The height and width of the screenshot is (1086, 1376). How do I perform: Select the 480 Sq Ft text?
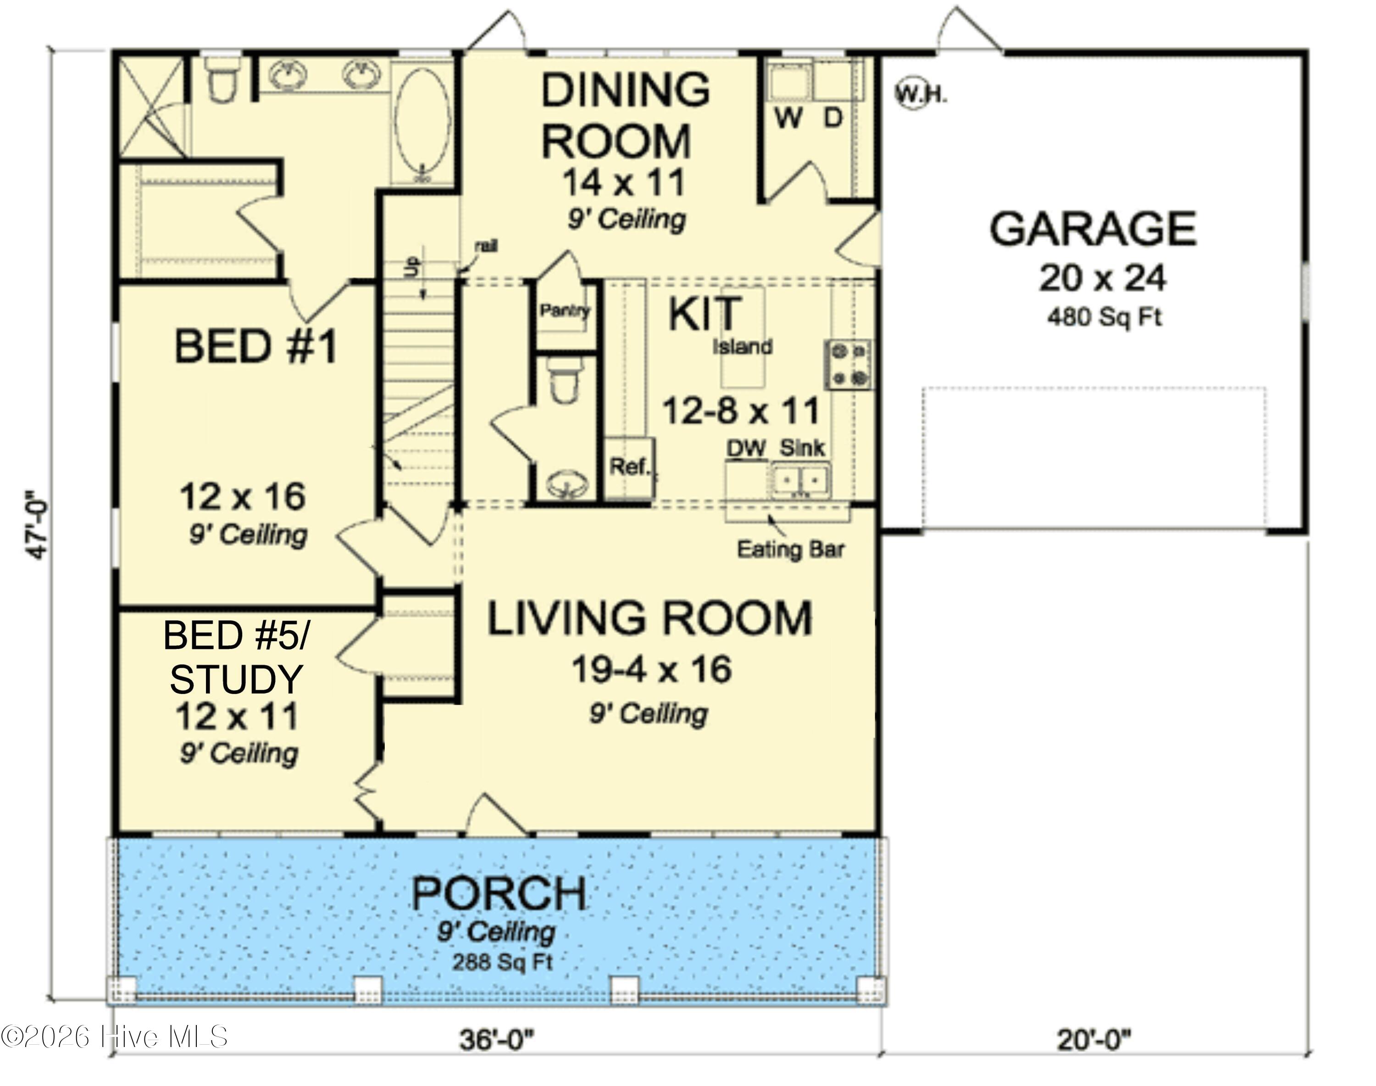tap(1104, 316)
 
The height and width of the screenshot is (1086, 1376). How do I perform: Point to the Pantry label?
tap(564, 310)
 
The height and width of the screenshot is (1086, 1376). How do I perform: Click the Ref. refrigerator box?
tap(629, 467)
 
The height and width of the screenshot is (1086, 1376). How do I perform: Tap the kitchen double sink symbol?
tap(801, 482)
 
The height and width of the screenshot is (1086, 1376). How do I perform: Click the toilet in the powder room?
tap(563, 380)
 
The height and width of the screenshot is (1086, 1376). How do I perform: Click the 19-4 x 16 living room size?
tap(651, 669)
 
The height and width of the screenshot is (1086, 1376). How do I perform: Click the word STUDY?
tap(236, 679)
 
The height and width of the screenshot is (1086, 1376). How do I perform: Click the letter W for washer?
tap(788, 118)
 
